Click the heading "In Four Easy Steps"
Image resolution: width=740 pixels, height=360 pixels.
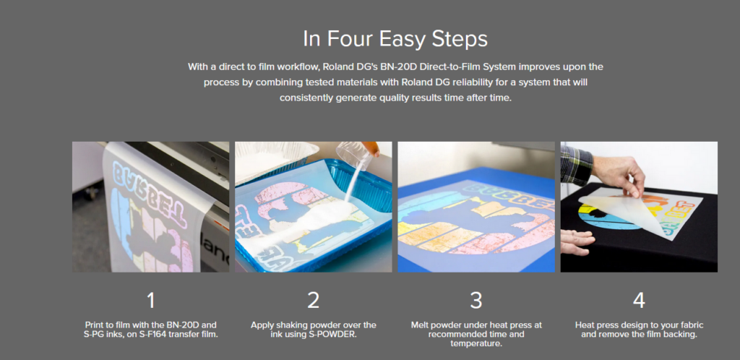pyautogui.click(x=395, y=39)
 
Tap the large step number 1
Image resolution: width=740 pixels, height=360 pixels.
pyautogui.click(x=150, y=301)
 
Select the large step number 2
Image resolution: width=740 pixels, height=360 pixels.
pyautogui.click(x=314, y=301)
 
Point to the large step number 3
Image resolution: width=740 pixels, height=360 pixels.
pyautogui.click(x=476, y=301)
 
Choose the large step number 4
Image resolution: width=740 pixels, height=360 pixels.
pyautogui.click(x=639, y=301)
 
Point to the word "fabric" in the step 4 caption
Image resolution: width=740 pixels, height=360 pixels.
pyautogui.click(x=693, y=325)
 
